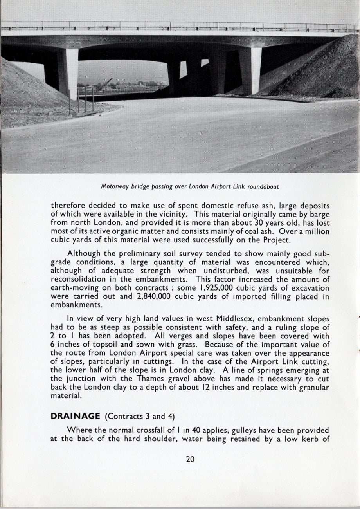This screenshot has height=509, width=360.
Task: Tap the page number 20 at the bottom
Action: pyautogui.click(x=190, y=459)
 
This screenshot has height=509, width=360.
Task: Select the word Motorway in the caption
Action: pyautogui.click(x=112, y=186)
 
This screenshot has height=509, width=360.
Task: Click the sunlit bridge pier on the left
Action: pyautogui.click(x=72, y=72)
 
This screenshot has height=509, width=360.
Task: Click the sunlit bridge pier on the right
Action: pyautogui.click(x=256, y=70)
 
